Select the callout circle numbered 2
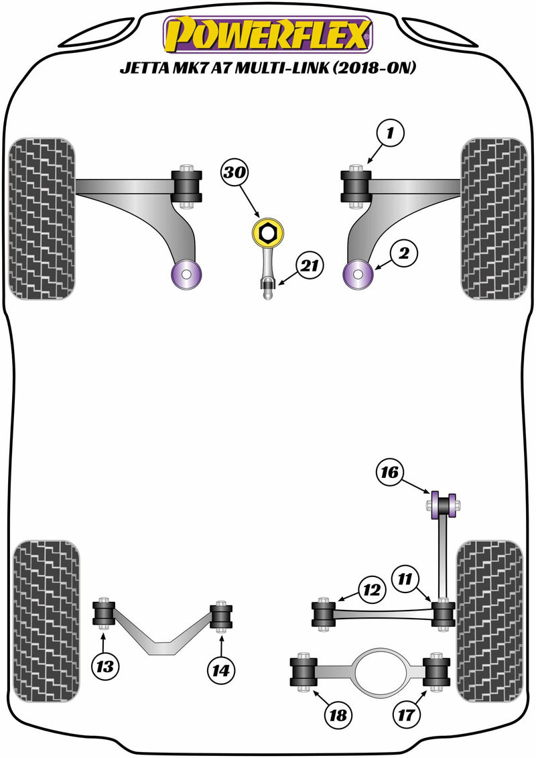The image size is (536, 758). (x=407, y=253)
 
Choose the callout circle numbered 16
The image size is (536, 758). (x=390, y=473)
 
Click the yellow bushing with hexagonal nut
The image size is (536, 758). (x=267, y=233)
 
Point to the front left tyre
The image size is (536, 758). (x=42, y=218)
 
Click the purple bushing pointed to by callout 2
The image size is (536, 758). (x=358, y=273)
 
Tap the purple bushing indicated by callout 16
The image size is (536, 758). (x=442, y=505)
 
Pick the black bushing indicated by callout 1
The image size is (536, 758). (x=356, y=186)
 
